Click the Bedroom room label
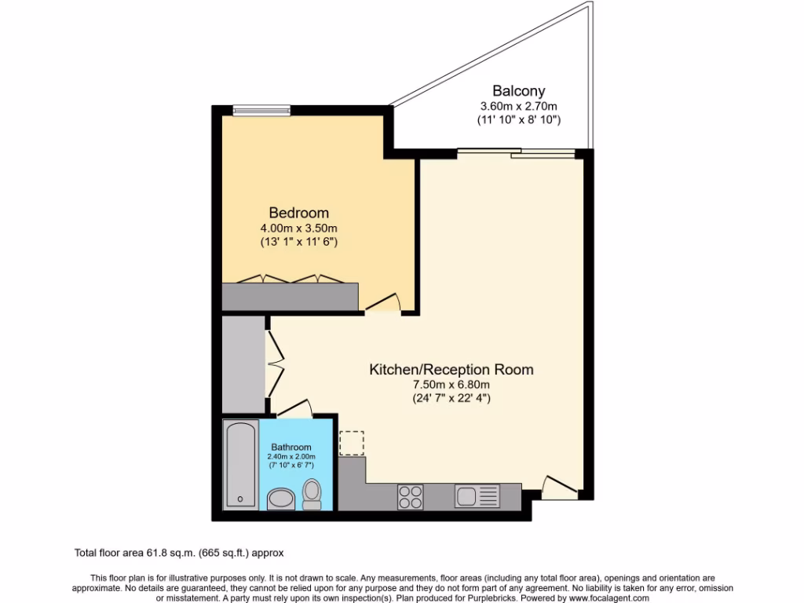[x=298, y=213]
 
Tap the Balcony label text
[x=518, y=91]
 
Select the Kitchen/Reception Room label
[x=451, y=369]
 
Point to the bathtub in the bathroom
[x=240, y=463]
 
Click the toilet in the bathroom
[x=312, y=495]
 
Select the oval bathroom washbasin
[x=279, y=499]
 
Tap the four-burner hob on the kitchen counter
[x=410, y=496]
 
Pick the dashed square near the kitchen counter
[x=352, y=443]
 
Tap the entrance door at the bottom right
[x=562, y=487]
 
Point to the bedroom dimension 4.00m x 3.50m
[x=298, y=228]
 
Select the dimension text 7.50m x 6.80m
[x=451, y=384]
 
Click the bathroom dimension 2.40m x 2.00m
[x=291, y=457]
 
